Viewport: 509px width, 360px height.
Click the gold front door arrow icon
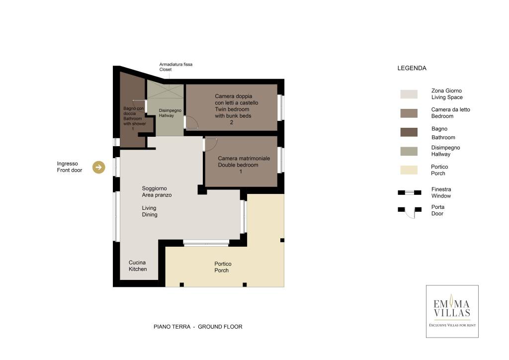[99, 167]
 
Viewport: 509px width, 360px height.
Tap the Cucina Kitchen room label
[138, 266]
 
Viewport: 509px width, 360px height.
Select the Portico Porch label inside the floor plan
[223, 267]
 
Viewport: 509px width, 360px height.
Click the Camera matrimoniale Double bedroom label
[244, 165]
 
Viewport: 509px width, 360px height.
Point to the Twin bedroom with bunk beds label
[236, 109]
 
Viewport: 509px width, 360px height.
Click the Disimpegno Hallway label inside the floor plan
[170, 113]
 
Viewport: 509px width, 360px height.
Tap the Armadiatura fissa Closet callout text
[175, 67]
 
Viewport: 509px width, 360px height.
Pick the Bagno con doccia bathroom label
[134, 118]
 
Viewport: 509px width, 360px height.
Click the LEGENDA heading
[412, 68]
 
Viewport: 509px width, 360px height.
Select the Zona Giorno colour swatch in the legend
[409, 94]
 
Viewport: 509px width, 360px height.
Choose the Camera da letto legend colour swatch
[409, 113]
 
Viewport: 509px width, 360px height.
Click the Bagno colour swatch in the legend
[409, 132]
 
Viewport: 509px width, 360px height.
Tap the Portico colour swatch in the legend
[409, 170]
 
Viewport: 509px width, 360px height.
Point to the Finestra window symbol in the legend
[410, 192]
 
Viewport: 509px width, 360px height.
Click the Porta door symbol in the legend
[410, 212]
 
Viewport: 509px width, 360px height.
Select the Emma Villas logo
[452, 311]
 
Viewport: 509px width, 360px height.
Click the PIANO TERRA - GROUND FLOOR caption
[198, 327]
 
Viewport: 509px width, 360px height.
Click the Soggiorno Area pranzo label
[157, 191]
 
